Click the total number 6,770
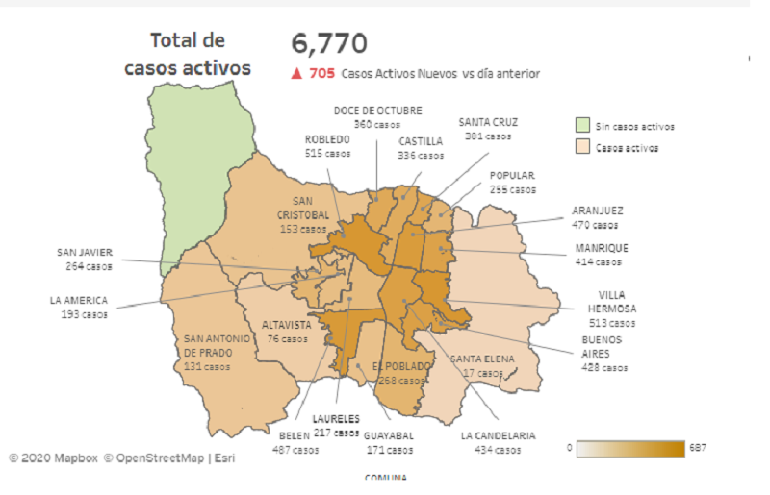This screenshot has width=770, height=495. click(x=329, y=43)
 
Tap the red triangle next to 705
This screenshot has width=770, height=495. click(x=296, y=73)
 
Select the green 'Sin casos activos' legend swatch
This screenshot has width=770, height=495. click(x=582, y=126)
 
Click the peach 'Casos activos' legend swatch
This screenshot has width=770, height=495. click(x=582, y=148)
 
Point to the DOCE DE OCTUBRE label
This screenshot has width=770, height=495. click(x=377, y=111)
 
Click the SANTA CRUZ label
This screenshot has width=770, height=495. click(x=488, y=122)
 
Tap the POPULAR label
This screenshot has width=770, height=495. click(x=512, y=176)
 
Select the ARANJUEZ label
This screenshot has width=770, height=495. click(x=598, y=211)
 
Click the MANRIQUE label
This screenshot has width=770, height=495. click(x=602, y=248)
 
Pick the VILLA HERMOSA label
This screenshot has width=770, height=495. click(x=613, y=302)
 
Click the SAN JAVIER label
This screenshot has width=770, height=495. click(x=85, y=254)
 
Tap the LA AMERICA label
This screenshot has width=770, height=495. click(x=79, y=300)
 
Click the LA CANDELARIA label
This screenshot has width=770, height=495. click(x=497, y=435)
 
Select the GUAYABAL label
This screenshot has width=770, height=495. click(x=389, y=435)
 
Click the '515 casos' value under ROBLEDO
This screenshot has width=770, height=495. click(x=327, y=153)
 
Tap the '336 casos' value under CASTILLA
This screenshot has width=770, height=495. click(x=422, y=155)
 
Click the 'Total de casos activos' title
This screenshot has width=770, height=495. click(x=188, y=54)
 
